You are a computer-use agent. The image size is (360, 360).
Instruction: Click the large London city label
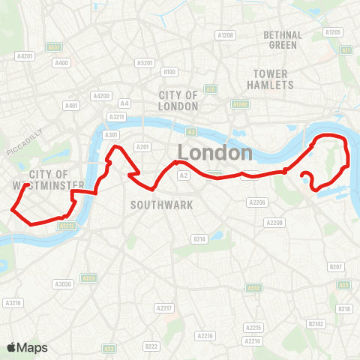pyautogui.click(x=214, y=152)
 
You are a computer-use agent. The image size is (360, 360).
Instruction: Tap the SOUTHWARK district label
pyautogui.click(x=161, y=204)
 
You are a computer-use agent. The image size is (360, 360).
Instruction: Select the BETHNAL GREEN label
pyautogui.click(x=283, y=40)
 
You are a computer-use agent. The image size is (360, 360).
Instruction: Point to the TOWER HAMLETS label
pyautogui.click(x=271, y=79)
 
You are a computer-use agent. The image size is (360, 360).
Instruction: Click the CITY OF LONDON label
pyautogui.click(x=178, y=100)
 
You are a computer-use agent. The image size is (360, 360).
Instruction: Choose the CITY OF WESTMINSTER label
pyautogui.click(x=44, y=179)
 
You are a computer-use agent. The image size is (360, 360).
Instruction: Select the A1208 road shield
pyautogui.click(x=225, y=34)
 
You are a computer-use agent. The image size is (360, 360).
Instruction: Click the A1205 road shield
pyautogui.click(x=333, y=32)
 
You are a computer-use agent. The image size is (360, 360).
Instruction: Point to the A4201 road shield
pyautogui.click(x=25, y=55)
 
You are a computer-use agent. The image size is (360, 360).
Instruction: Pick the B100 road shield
pyautogui.click(x=169, y=71)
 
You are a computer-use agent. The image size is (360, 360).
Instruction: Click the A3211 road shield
pyautogui.click(x=116, y=117)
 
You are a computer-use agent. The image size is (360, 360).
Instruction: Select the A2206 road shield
pyautogui.click(x=257, y=202)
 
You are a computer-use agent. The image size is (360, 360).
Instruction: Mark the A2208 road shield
pyautogui.click(x=274, y=223)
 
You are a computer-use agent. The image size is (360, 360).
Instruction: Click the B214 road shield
pyautogui.click(x=199, y=238)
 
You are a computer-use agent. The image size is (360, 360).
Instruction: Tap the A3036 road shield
pyautogui.click(x=62, y=283)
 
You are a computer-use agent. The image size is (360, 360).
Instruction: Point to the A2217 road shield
pyautogui.click(x=164, y=308)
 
